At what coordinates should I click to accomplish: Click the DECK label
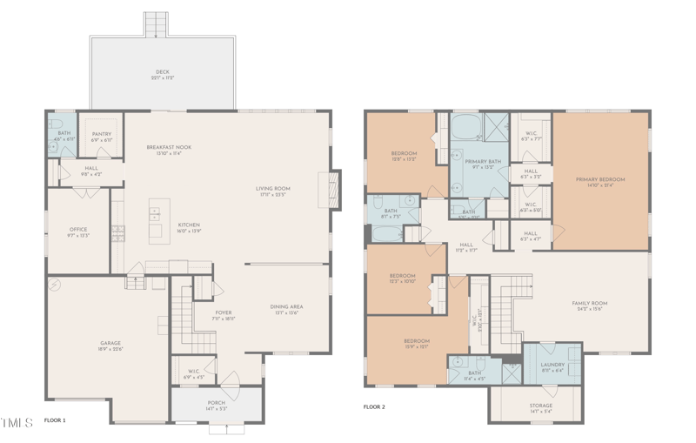[162, 71]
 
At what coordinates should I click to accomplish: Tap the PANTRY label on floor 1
[102, 134]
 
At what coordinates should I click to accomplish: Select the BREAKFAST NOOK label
[169, 147]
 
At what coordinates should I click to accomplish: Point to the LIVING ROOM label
[272, 188]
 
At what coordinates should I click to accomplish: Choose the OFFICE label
[77, 230]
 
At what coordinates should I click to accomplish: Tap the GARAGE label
[110, 343]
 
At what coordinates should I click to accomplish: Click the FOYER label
[224, 312]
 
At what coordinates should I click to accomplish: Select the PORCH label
[216, 403]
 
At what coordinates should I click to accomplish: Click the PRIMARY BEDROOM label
[600, 179]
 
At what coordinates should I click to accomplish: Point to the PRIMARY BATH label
[481, 162]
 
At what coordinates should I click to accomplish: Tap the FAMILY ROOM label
[589, 303]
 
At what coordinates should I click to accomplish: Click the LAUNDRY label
[552, 365]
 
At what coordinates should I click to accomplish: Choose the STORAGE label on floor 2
[540, 406]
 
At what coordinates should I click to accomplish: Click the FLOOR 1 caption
[55, 420]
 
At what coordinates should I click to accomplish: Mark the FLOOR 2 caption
[374, 406]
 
